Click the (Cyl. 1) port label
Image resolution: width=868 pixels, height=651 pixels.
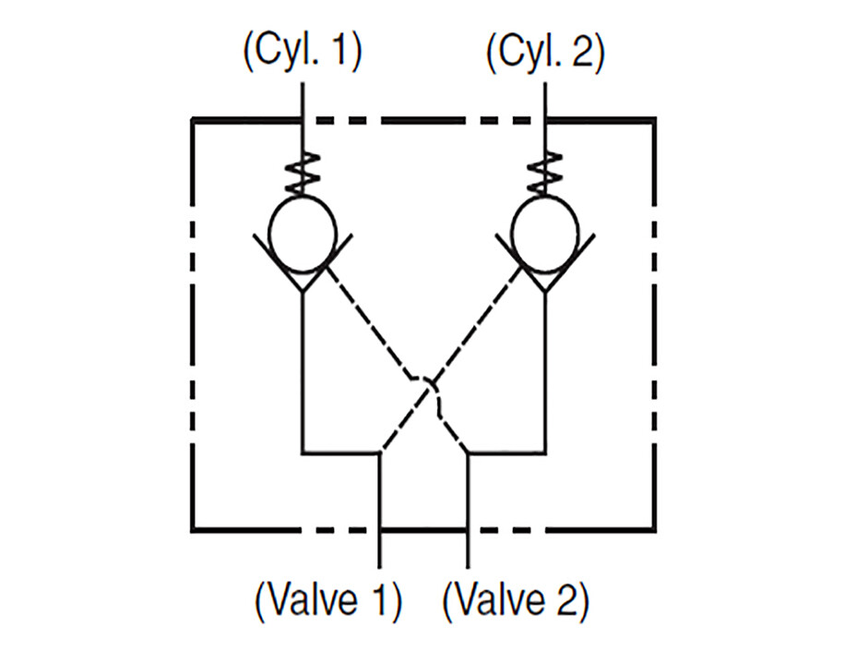point(303,51)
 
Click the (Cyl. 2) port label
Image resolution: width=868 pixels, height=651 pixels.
point(545,51)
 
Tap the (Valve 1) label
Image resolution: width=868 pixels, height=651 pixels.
point(328,600)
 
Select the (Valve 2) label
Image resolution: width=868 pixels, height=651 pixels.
point(516,600)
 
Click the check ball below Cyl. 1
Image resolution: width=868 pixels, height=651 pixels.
point(303,234)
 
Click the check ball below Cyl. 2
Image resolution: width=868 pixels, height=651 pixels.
point(545,234)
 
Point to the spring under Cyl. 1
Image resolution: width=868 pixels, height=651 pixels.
point(303,173)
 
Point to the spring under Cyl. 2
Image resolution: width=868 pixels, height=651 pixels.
point(545,173)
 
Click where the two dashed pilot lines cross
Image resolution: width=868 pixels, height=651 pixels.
point(430,385)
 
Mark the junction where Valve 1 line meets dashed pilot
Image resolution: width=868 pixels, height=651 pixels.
point(380,453)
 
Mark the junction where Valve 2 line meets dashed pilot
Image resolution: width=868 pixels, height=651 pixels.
point(468,453)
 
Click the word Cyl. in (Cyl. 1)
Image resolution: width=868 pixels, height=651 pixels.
point(290,51)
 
